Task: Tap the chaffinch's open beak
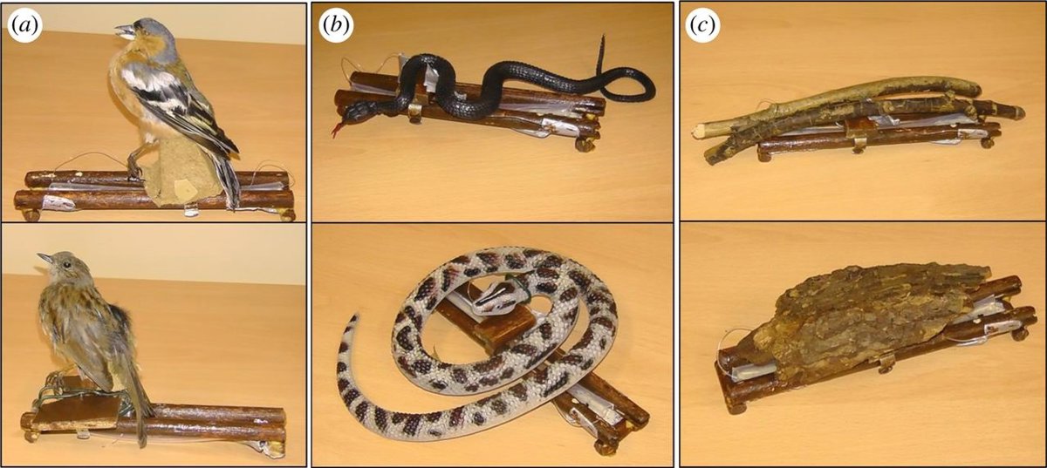(x=124, y=31)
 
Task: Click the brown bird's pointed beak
(x=44, y=257)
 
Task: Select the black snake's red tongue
(x=338, y=129)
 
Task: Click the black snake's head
(x=355, y=113)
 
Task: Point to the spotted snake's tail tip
(x=354, y=317)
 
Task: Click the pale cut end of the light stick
(x=699, y=130)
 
